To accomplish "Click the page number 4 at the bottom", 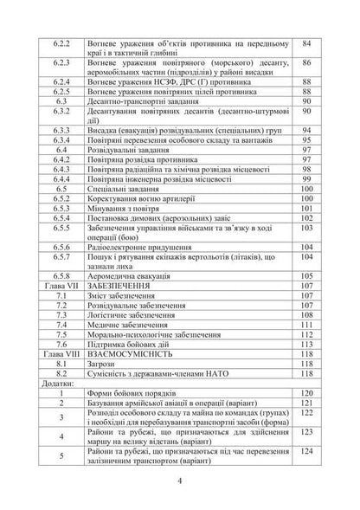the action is pos(179,481).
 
